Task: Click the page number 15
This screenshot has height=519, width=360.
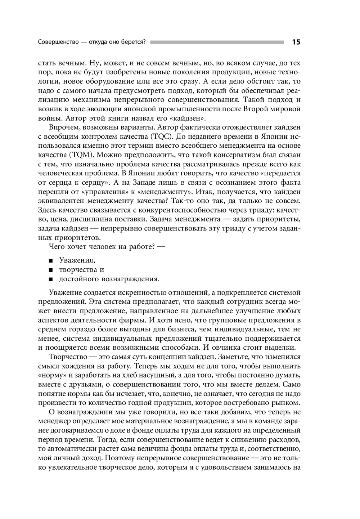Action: pyautogui.click(x=296, y=42)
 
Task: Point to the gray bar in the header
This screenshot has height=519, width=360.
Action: pyautogui.click(x=217, y=42)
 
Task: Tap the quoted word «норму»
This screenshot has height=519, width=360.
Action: pyautogui.click(x=49, y=375)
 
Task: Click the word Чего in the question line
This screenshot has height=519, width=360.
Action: pyautogui.click(x=56, y=247)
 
